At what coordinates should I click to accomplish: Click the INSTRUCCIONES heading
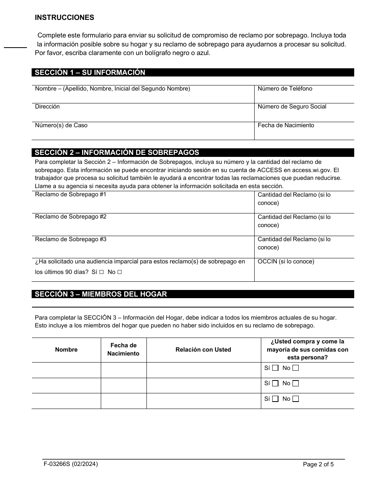(64, 18)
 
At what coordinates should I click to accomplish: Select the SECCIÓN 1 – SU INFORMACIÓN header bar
(193, 73)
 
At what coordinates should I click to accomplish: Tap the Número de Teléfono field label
(285, 89)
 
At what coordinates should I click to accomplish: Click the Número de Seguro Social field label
(292, 107)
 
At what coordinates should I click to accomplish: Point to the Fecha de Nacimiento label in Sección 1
(285, 125)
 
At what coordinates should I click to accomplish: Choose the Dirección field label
(47, 107)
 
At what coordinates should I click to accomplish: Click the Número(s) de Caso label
(61, 125)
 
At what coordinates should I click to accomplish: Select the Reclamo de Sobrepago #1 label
(71, 194)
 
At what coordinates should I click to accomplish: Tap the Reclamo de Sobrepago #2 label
(71, 217)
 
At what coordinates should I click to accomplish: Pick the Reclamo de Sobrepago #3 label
(71, 239)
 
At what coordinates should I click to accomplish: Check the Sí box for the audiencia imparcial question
(101, 272)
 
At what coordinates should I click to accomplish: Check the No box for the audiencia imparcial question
(120, 272)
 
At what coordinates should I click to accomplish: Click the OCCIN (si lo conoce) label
(285, 261)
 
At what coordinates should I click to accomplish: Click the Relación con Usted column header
(203, 350)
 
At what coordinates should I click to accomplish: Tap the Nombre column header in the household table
(66, 350)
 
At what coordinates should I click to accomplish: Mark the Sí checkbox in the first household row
(275, 368)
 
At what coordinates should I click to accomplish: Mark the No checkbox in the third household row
(296, 399)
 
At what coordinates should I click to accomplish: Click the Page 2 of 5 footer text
(318, 464)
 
